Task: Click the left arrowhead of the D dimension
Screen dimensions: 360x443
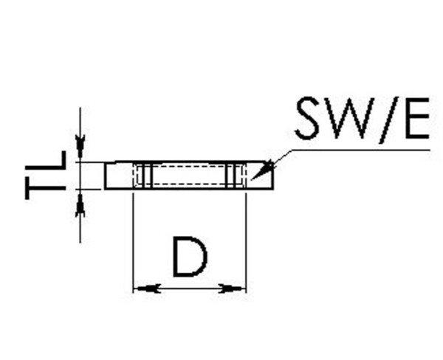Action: click(141, 288)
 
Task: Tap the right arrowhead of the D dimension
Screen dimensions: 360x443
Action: click(237, 288)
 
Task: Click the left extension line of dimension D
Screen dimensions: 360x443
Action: click(132, 236)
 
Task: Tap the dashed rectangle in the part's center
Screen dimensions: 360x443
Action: click(189, 176)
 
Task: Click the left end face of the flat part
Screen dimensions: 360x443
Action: click(105, 176)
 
